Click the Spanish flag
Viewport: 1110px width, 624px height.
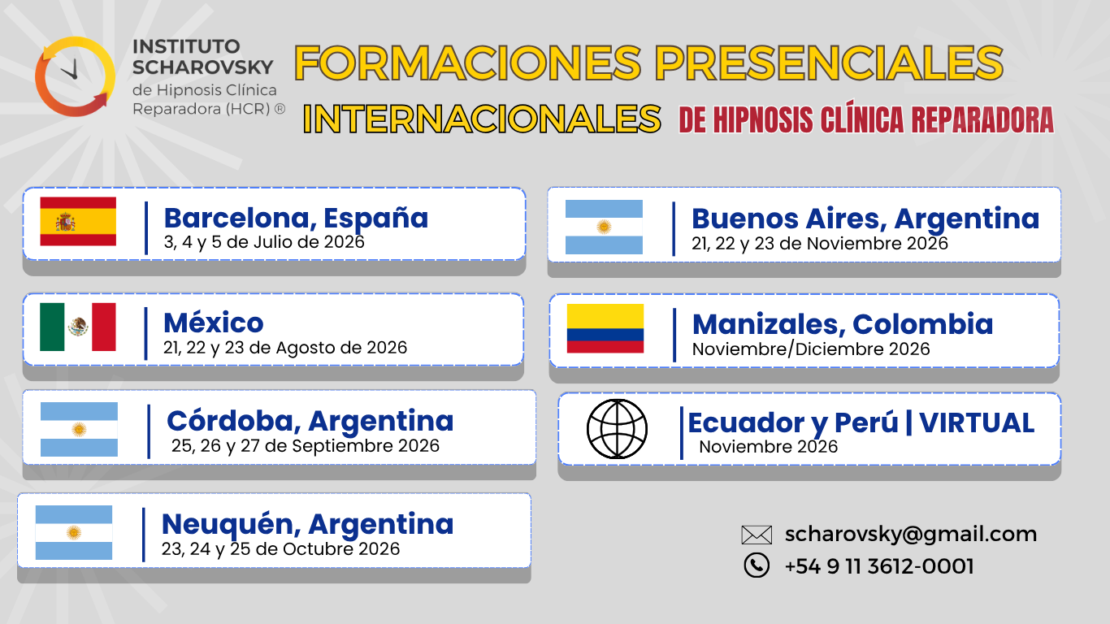coord(78,221)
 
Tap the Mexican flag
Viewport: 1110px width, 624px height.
coord(78,327)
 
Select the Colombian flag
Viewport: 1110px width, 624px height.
coord(605,328)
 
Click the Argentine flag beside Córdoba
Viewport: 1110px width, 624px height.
coord(80,429)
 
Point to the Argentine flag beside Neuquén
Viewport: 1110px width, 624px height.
coord(74,532)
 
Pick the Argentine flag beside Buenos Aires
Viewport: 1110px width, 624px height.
coord(604,227)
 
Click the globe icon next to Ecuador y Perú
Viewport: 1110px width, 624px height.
coord(617,428)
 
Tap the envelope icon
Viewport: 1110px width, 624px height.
coord(757,535)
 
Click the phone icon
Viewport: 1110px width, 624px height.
coord(757,565)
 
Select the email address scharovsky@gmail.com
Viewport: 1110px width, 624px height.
coord(911,534)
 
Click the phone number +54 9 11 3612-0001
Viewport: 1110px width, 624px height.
coord(879,566)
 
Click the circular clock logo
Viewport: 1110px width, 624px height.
coord(76,76)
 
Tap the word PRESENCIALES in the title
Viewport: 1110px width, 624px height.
coord(829,63)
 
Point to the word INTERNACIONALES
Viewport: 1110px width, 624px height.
coord(482,119)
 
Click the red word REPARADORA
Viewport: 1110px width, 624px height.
coord(982,119)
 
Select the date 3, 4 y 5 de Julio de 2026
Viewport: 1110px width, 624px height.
coord(264,242)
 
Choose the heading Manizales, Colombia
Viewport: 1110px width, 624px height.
coord(843,324)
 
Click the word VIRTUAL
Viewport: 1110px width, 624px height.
coord(977,422)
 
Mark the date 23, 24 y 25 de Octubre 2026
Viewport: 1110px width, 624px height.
coord(280,549)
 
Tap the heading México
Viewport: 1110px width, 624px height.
coord(214,323)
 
